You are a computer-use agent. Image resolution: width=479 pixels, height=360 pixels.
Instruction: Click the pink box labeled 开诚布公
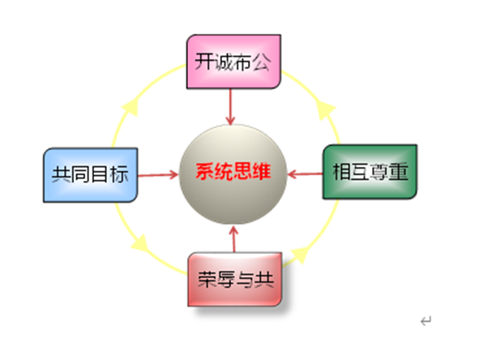233,62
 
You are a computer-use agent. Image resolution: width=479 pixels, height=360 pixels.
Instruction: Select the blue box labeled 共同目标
91,175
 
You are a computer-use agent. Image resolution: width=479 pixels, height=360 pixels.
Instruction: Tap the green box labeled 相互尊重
370,172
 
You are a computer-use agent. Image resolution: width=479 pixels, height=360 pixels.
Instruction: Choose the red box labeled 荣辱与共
234,279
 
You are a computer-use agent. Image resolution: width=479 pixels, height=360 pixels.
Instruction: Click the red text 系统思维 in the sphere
233,171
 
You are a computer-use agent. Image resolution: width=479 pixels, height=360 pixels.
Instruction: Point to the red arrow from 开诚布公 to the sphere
230,107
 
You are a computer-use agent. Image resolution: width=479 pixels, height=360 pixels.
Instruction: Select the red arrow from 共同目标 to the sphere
158,175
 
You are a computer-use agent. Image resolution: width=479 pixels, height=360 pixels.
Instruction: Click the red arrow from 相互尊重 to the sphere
306,174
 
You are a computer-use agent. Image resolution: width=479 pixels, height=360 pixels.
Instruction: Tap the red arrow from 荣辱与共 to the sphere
234,239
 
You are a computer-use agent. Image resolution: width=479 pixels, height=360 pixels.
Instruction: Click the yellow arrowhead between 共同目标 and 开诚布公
131,107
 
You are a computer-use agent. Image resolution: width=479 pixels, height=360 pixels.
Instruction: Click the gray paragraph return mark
426,321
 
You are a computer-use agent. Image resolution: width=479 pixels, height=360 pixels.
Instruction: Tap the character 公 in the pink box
261,62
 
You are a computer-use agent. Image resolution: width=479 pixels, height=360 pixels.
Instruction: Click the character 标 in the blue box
119,174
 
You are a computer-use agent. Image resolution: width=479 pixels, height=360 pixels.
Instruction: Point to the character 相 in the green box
342,171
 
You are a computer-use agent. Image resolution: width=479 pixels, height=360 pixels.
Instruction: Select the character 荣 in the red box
207,279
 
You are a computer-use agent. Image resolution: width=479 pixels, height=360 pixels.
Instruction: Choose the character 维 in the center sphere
262,171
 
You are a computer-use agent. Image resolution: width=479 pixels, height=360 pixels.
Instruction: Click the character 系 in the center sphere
205,171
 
